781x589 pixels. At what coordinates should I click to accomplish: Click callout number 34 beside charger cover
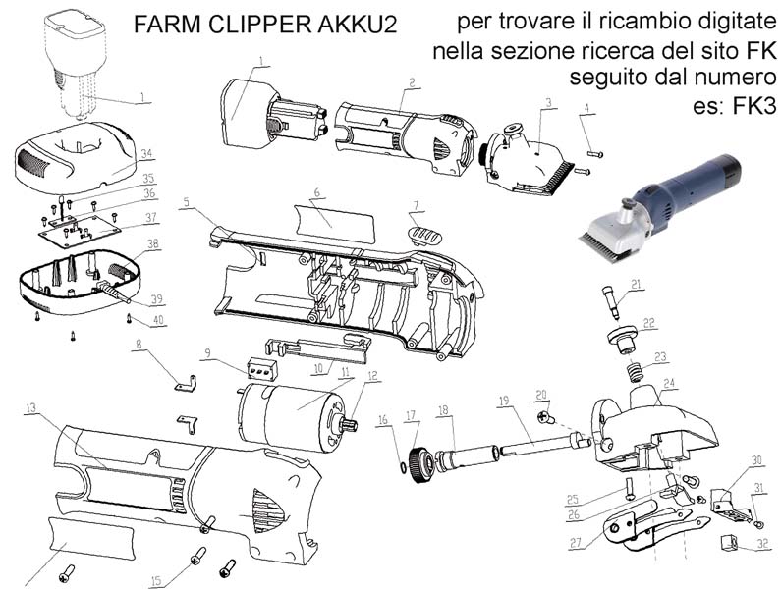click(x=146, y=154)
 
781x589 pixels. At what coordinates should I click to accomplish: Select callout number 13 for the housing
click(x=30, y=408)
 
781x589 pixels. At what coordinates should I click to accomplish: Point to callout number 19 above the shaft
click(x=504, y=400)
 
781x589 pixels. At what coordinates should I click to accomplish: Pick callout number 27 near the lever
click(x=576, y=542)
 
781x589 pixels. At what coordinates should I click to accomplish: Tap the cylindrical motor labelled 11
click(x=293, y=416)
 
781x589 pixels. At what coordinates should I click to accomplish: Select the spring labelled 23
click(x=633, y=373)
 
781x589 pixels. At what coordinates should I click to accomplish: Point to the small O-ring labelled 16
click(x=402, y=468)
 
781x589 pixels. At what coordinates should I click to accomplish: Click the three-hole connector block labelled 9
click(x=261, y=369)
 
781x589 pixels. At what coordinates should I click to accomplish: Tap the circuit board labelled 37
click(x=81, y=227)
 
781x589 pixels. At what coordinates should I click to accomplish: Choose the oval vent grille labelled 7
click(x=424, y=235)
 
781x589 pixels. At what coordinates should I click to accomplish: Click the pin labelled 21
click(x=612, y=302)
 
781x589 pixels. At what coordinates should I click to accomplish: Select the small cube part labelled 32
click(x=729, y=541)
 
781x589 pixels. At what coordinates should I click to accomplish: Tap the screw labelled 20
click(x=547, y=418)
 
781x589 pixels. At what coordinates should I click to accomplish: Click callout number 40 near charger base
click(x=158, y=321)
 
